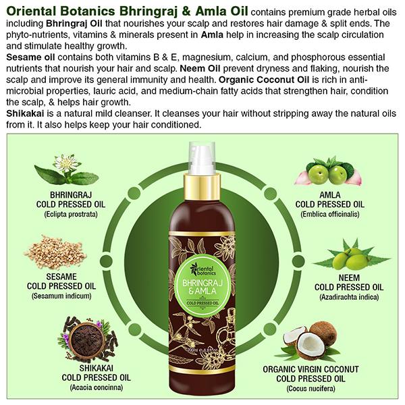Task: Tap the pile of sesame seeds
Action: tap(67, 251)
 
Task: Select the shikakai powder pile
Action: tap(86, 335)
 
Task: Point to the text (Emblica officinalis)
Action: tap(330, 215)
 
